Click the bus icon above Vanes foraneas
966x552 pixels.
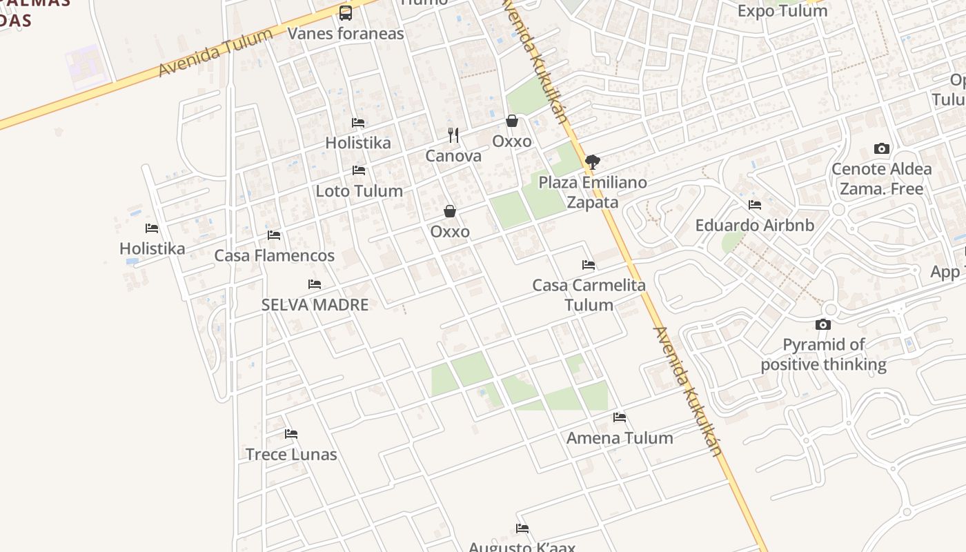(346, 12)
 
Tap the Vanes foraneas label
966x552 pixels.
(346, 33)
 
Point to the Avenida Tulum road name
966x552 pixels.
(215, 52)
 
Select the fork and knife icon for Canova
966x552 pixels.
(453, 135)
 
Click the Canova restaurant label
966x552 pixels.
(453, 156)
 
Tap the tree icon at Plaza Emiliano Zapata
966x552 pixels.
(592, 162)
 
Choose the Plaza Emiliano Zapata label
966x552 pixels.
(593, 193)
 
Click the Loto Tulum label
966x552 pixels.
(359, 190)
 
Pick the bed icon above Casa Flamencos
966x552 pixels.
(274, 235)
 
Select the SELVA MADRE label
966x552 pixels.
(315, 304)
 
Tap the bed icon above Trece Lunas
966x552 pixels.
(291, 434)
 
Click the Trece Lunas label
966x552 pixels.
(291, 454)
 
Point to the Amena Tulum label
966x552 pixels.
(620, 437)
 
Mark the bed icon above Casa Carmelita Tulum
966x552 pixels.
(589, 265)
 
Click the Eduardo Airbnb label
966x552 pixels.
(754, 225)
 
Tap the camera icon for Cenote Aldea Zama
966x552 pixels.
(881, 148)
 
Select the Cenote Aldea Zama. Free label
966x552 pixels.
(881, 179)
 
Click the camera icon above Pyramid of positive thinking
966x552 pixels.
(822, 324)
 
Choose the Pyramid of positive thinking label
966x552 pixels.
(823, 355)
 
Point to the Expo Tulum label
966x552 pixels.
(782, 11)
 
